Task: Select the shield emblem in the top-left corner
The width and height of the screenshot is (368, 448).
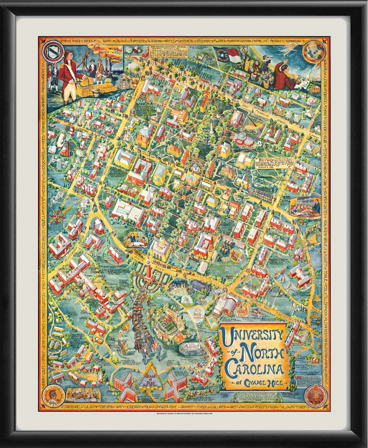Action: [53, 50]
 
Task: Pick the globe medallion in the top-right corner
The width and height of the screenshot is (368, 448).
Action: [314, 52]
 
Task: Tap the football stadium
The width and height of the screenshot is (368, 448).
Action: [168, 327]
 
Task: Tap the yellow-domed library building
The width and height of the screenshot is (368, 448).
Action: [160, 249]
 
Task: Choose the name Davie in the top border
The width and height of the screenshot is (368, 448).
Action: [66, 41]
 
